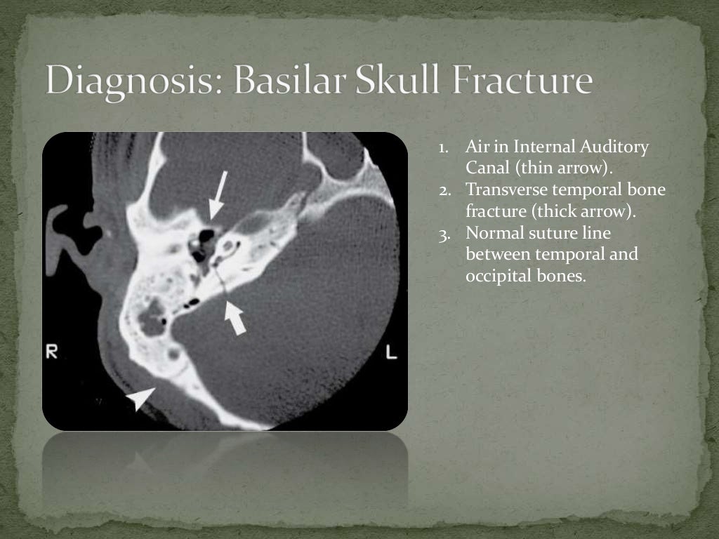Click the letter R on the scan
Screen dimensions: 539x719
(x=52, y=353)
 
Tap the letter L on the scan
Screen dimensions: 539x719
(x=391, y=353)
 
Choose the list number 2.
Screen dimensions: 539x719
(x=444, y=190)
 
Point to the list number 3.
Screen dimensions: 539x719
(x=444, y=233)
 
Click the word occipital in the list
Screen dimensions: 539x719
(x=499, y=276)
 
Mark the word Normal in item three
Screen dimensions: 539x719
(x=496, y=233)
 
